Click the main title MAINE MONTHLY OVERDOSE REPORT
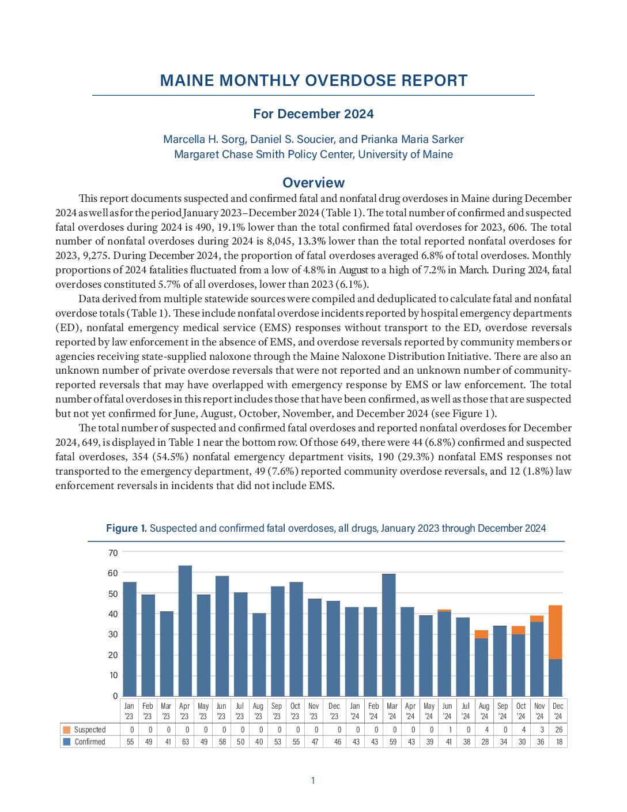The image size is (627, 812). coord(313,80)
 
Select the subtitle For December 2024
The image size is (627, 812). coord(313,114)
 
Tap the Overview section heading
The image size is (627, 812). coord(313,182)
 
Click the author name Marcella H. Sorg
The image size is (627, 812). coord(204,139)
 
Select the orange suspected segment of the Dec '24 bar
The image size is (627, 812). coord(556,632)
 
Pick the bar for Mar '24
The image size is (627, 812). coord(389,634)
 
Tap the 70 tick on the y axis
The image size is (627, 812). coord(113,552)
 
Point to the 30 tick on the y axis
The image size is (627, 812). coord(113,634)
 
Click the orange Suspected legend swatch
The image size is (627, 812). coord(67,730)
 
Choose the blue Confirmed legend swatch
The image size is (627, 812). coord(67,742)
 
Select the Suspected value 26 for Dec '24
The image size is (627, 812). coord(558,730)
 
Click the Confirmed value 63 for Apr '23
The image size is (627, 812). coord(186,742)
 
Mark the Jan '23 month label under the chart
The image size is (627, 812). coord(129,711)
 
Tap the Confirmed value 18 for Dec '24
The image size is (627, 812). coord(558,742)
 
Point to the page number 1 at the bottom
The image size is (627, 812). coord(313,780)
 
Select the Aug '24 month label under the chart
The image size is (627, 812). coord(484,711)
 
